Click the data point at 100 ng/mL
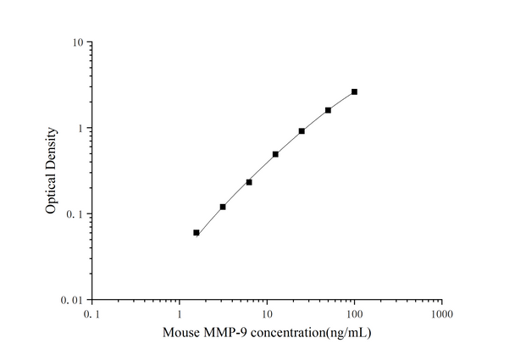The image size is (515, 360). point(354,91)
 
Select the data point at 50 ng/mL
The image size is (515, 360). point(328,110)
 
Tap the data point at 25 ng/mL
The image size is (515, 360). point(302,131)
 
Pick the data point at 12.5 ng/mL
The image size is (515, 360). point(275,154)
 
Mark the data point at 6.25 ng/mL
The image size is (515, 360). point(249,182)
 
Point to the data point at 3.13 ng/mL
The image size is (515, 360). point(223,207)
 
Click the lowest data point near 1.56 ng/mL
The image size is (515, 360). point(197,232)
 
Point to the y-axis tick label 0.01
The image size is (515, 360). point(71,301)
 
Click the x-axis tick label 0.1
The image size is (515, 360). point(92,314)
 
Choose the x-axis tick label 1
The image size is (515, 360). point(180,314)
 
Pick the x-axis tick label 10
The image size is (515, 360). point(267,314)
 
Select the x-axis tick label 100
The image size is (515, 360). point(354,314)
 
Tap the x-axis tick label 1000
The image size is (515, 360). point(440,314)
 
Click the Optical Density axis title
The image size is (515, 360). point(53,171)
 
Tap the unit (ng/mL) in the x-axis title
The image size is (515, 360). point(346,333)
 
